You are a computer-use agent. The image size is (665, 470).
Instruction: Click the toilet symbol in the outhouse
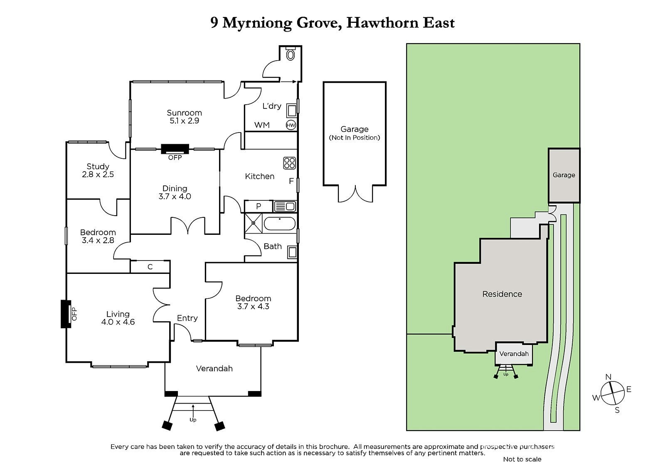click(291, 54)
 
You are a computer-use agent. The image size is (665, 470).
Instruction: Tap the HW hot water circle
click(291, 125)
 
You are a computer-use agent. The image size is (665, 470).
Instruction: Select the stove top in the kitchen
click(290, 163)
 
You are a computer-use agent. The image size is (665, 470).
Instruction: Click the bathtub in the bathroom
click(280, 224)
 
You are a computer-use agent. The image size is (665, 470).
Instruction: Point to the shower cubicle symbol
click(253, 224)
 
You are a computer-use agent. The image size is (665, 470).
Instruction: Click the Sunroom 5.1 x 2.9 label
click(184, 117)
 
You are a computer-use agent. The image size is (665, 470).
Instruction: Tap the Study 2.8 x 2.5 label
click(98, 170)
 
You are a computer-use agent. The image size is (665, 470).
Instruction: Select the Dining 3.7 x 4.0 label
click(175, 192)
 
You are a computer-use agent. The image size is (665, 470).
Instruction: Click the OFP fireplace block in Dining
click(175, 149)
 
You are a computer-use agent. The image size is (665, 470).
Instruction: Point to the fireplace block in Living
click(65, 314)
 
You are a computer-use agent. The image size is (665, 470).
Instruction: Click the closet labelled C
click(150, 267)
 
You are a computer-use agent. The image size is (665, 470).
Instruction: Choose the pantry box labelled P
click(258, 206)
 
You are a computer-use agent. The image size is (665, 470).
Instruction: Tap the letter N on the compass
click(608, 377)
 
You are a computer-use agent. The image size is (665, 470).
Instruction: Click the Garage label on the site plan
click(564, 175)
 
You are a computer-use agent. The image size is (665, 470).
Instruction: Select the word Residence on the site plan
click(502, 294)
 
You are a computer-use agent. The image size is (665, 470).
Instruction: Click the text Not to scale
click(522, 459)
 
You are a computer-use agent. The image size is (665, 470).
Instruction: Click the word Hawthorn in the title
click(382, 23)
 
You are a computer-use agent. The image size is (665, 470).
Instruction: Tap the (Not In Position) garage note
click(354, 138)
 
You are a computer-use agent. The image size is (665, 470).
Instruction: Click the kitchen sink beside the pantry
click(285, 206)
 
